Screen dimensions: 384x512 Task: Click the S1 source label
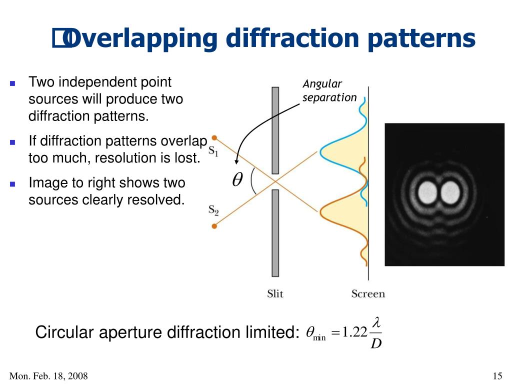tap(213, 151)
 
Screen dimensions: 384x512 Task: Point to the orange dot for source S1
tap(214, 137)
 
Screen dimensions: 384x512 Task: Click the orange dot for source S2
tap(214, 226)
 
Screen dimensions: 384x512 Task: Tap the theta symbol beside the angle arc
tap(237, 181)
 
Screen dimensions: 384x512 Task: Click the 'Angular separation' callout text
tap(329, 91)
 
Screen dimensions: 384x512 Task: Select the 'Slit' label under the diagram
tap(275, 294)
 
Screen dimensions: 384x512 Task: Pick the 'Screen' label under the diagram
tap(368, 294)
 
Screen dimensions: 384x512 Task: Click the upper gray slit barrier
tap(275, 130)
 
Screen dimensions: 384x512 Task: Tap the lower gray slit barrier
tap(275, 233)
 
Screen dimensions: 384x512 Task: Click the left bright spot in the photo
tap(427, 191)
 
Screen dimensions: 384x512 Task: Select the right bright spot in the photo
tap(449, 191)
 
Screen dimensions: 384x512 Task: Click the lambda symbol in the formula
tap(376, 323)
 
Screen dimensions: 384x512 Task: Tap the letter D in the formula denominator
tap(376, 344)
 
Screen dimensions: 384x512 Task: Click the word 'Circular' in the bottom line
tap(65, 332)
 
